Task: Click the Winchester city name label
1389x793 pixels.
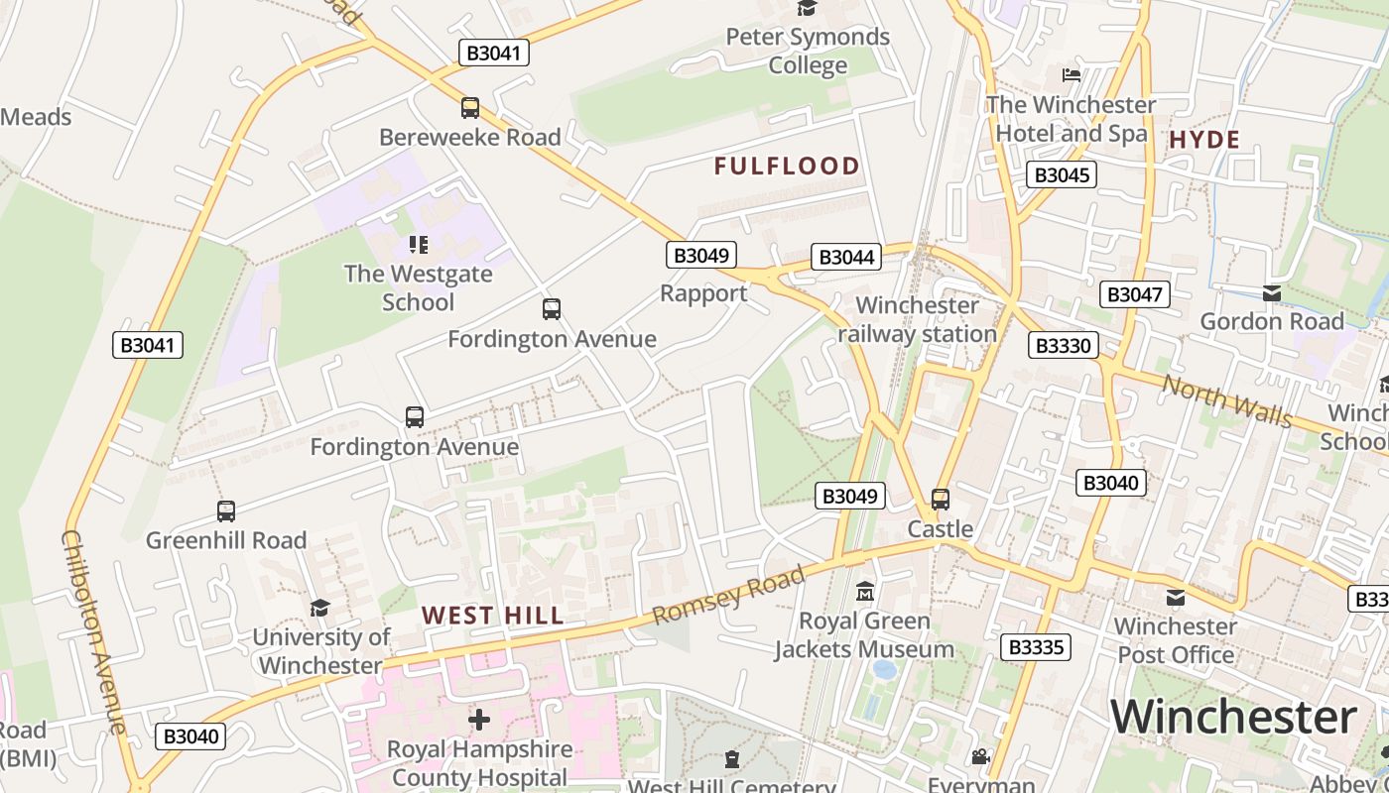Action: tap(1233, 716)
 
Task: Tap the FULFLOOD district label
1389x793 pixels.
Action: tap(787, 166)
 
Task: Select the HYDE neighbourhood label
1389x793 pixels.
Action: tap(1204, 140)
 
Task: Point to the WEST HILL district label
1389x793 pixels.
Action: tap(493, 615)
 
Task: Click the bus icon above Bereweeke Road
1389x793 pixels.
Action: tap(470, 108)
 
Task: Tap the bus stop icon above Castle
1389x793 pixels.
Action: tap(941, 500)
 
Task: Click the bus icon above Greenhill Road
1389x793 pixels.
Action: tap(226, 511)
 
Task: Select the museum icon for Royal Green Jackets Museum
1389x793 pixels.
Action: tap(865, 592)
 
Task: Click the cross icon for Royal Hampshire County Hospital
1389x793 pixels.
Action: tap(479, 719)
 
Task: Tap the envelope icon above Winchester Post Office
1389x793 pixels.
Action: tap(1176, 597)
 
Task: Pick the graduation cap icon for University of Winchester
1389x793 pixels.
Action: tap(319, 608)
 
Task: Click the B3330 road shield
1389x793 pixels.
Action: tap(1063, 345)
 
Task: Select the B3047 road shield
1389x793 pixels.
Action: tap(1135, 293)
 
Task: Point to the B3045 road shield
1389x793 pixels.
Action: tap(1062, 175)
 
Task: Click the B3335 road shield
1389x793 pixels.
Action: tap(1036, 647)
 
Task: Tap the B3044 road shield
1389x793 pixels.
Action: tap(845, 257)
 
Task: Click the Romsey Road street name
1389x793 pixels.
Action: tap(729, 596)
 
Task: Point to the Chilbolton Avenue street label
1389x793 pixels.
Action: tap(94, 631)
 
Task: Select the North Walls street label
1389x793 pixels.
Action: tap(1227, 400)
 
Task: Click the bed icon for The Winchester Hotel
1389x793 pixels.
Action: tap(1071, 74)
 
